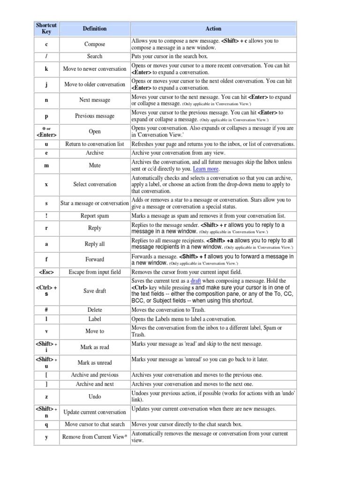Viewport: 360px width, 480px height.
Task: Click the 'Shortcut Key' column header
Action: [x=46, y=29]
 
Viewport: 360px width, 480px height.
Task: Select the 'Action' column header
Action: [x=213, y=29]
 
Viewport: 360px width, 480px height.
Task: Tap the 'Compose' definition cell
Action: [x=95, y=45]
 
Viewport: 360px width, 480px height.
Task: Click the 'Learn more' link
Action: [x=206, y=169]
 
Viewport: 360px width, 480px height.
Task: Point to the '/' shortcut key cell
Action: [x=46, y=56]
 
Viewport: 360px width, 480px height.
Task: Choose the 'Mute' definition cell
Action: [x=95, y=165]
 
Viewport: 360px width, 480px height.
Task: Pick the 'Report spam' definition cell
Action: [x=95, y=216]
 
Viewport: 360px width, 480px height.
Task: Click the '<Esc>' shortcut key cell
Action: [x=46, y=272]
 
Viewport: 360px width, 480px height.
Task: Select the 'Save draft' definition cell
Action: [x=95, y=291]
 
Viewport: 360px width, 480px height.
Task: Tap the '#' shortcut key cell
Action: [x=46, y=310]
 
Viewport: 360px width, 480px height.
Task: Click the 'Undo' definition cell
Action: [x=95, y=397]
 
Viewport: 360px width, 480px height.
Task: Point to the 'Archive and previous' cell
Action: [x=95, y=375]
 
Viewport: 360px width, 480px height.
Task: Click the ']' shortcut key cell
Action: [x=46, y=384]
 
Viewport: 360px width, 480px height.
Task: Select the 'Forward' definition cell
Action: [x=95, y=259]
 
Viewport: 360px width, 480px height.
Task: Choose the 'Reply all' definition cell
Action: [x=95, y=244]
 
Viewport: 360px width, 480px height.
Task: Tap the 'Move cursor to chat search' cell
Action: [x=95, y=424]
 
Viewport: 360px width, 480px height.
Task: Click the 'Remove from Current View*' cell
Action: [x=95, y=437]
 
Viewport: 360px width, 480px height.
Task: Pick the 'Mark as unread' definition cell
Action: [x=95, y=362]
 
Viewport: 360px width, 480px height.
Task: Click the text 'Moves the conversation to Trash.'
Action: [x=168, y=310]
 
